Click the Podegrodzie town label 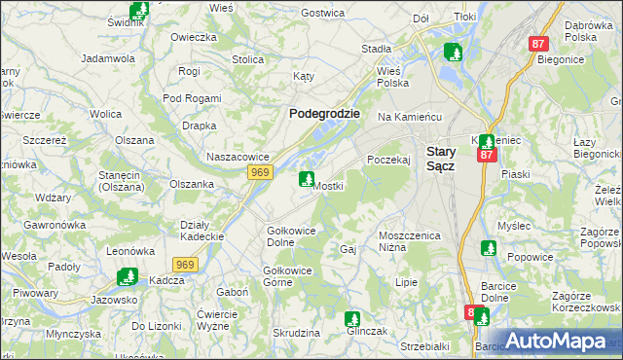(325, 113)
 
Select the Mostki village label (328, 186)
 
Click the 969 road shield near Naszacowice (259, 172)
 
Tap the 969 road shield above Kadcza (186, 264)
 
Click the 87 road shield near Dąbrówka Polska (539, 44)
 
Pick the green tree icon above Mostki (307, 179)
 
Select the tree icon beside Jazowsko (126, 277)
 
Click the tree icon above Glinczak (352, 318)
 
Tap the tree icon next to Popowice (487, 248)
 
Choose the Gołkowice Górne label (289, 276)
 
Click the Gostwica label (324, 13)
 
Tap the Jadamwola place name (108, 58)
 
